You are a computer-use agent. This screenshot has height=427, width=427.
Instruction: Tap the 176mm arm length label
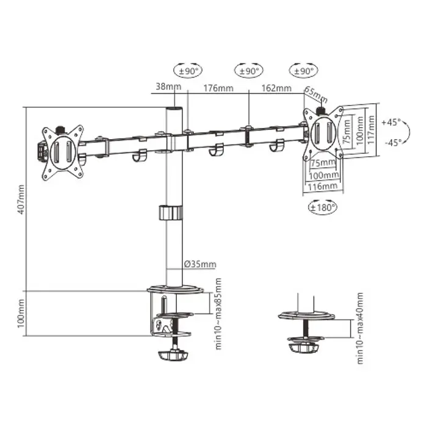click(218, 88)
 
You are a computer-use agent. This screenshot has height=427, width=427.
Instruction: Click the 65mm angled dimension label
click(316, 96)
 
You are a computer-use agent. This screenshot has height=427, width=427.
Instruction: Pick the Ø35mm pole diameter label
click(200, 264)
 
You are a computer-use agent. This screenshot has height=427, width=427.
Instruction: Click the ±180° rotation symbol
click(321, 207)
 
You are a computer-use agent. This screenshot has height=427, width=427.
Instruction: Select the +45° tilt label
click(391, 122)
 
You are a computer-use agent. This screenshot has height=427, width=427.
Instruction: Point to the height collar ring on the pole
click(171, 212)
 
